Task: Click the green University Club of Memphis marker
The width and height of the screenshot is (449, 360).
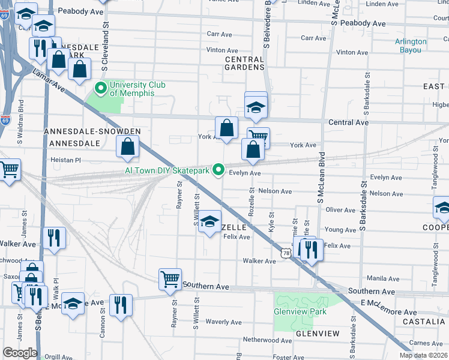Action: coord(101,89)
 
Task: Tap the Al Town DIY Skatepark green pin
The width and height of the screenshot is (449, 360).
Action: coord(220,172)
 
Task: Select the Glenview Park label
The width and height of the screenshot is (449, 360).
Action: coord(300,311)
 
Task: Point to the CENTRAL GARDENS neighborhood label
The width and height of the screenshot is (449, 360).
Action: coord(245,64)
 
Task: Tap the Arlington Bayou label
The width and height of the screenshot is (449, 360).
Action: coord(411,46)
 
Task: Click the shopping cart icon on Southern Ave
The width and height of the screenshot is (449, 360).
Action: coord(170,278)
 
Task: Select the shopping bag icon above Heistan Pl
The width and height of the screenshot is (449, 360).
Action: coord(128,146)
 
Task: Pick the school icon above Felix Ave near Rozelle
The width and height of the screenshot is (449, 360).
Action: coord(209,222)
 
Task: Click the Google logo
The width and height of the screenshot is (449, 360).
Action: coord(19,353)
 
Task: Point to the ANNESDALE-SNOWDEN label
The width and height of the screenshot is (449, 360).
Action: coord(92,131)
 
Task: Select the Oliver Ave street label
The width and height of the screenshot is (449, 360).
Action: coord(341,210)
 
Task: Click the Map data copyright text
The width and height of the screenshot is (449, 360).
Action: coord(423,355)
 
